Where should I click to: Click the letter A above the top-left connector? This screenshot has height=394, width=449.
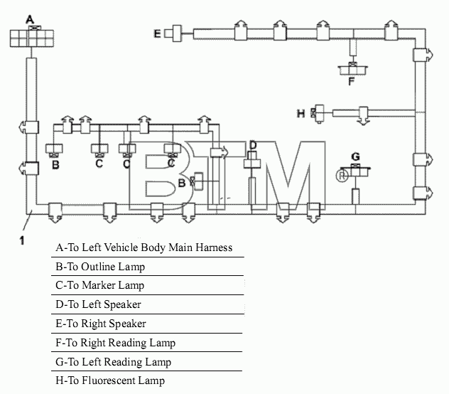click(30, 19)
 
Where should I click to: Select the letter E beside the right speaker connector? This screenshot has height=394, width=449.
click(157, 33)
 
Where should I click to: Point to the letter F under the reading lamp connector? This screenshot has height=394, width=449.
click(352, 81)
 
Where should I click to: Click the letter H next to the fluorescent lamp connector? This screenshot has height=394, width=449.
click(301, 114)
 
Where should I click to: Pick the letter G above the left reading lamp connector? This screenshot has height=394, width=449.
click(355, 156)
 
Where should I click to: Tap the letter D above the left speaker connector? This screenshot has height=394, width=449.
click(253, 145)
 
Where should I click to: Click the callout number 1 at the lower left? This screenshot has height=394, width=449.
click(22, 240)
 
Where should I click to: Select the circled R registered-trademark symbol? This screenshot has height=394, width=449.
click(342, 176)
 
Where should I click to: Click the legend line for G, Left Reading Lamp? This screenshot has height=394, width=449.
click(114, 362)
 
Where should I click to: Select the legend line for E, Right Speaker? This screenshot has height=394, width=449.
click(101, 324)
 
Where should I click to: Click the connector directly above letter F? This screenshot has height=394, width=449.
click(353, 70)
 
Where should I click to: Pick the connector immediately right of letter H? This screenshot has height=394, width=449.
click(318, 114)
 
